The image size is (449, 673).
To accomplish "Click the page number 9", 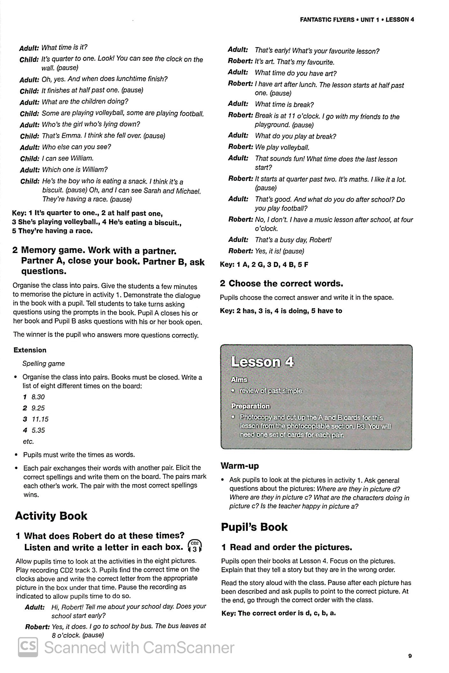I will click(x=410, y=656).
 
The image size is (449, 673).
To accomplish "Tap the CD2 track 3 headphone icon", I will click(x=195, y=546).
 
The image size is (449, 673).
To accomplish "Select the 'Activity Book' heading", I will click(x=51, y=516).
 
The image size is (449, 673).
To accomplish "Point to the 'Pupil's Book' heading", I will click(x=254, y=527).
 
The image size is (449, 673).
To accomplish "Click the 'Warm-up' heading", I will click(x=239, y=466).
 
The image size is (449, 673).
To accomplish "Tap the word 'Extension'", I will click(x=30, y=350).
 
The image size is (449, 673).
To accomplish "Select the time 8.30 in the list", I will click(x=38, y=397).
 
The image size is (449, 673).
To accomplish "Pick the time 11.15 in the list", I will click(x=40, y=419).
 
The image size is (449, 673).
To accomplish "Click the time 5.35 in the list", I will click(x=38, y=430).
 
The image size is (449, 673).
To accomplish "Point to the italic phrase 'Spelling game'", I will click(x=43, y=364).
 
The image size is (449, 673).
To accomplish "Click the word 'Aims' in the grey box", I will click(x=239, y=380).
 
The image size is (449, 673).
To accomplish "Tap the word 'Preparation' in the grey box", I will click(x=250, y=406).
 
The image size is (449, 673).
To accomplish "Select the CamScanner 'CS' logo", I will click(x=28, y=647).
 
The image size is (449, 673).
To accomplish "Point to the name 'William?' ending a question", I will click(x=95, y=170).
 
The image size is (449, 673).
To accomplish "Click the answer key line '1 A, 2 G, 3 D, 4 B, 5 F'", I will click(x=264, y=264).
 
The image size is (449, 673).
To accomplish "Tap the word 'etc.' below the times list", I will click(x=28, y=441).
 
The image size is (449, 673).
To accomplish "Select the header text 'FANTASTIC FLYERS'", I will click(x=327, y=20).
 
